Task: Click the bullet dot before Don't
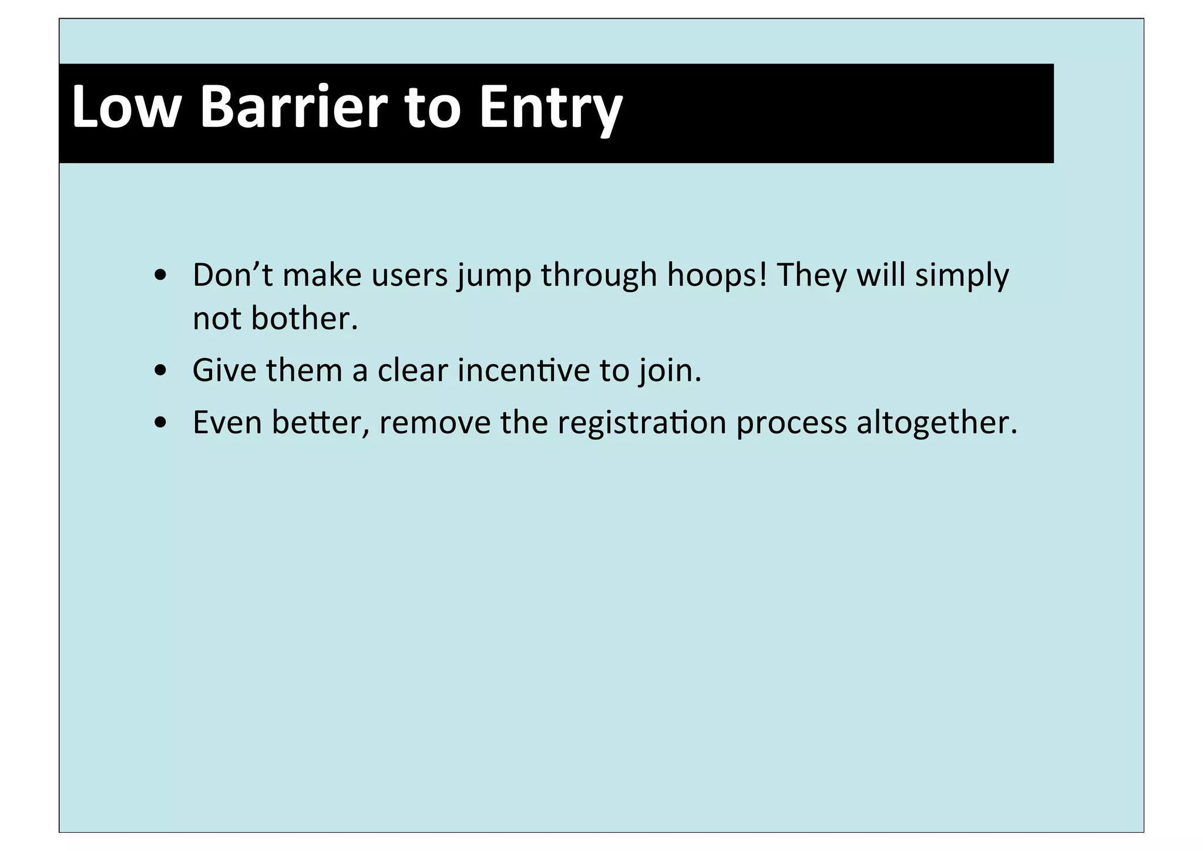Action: coord(160,276)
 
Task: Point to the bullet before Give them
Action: coord(160,371)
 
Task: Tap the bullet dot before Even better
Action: coord(160,423)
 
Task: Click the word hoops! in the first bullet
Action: coord(717,275)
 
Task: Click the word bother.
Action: coord(304,319)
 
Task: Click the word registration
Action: coord(641,423)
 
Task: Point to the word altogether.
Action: coord(936,423)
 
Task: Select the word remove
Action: coord(435,423)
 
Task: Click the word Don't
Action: coord(233,275)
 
